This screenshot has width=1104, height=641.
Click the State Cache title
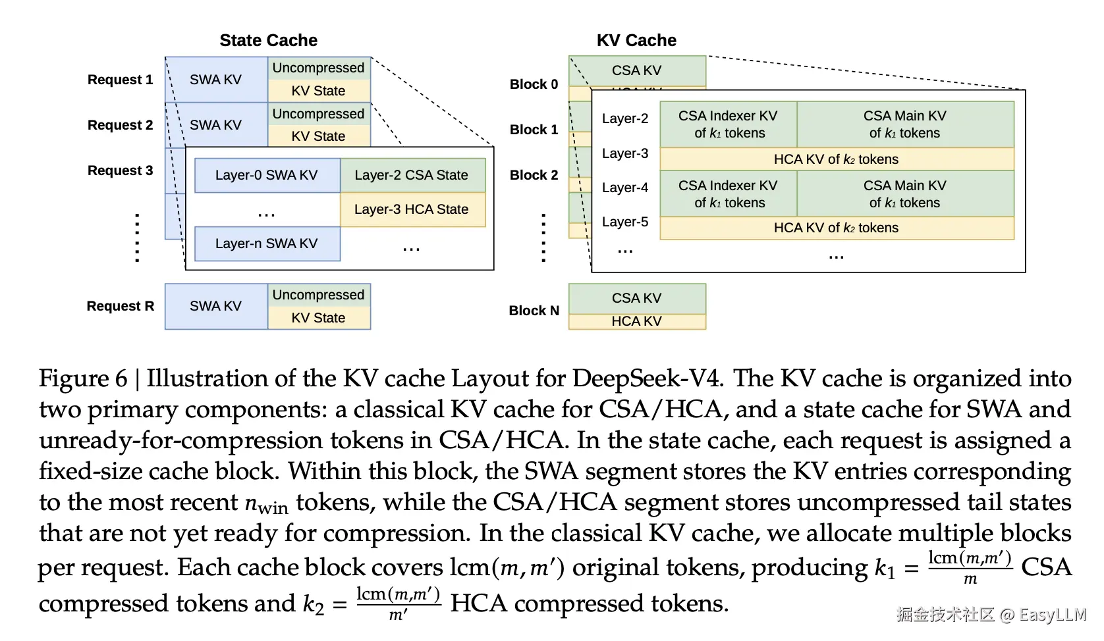click(x=268, y=41)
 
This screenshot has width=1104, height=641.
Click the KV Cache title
click(x=636, y=41)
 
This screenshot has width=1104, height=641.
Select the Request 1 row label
click(x=120, y=80)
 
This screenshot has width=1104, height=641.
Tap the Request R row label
click(x=120, y=306)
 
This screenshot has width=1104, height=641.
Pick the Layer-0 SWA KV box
click(x=267, y=175)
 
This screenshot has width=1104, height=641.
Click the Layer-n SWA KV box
click(x=267, y=244)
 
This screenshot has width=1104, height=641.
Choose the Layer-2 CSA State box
click(x=412, y=175)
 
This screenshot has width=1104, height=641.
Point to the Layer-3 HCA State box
click(x=412, y=209)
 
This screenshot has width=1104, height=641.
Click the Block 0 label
click(x=534, y=84)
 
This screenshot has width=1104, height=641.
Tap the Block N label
click(x=534, y=311)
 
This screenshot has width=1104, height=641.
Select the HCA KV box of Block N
click(x=636, y=321)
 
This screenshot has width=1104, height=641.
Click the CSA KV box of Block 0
click(x=636, y=70)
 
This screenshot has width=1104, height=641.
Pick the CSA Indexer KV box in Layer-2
click(x=728, y=124)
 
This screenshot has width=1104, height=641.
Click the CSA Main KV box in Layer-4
click(x=904, y=194)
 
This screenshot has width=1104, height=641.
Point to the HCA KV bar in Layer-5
click(x=836, y=228)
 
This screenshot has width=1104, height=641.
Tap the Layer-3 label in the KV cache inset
click(x=624, y=153)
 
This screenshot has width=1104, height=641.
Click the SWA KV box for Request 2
click(x=215, y=125)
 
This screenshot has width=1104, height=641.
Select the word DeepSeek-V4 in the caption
click(x=648, y=378)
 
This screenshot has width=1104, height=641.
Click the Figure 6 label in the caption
click(x=83, y=378)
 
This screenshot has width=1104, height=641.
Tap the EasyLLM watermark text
click(x=1052, y=615)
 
